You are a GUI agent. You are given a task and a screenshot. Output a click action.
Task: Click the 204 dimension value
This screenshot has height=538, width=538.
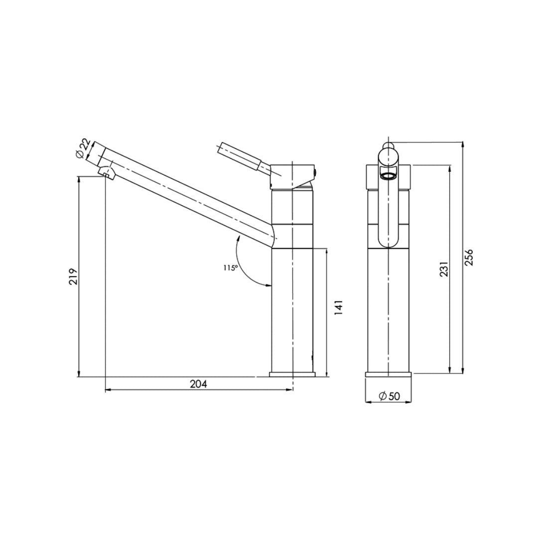coord(198,384)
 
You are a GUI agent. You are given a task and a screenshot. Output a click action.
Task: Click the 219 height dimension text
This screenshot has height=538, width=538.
coord(73,276)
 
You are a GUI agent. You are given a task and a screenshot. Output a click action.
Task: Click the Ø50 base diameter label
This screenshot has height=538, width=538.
coord(389,396)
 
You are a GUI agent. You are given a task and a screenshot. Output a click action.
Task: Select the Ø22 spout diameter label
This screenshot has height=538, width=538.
coord(84,148)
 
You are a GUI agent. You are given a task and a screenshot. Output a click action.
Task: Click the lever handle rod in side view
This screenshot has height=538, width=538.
coord(241,156)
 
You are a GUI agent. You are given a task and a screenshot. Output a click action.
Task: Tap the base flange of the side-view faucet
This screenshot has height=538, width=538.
coord(293,374)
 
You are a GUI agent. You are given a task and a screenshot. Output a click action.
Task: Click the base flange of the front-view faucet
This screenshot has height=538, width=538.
coord(388,374)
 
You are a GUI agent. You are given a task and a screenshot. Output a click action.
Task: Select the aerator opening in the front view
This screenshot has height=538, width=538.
coord(388,175)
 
